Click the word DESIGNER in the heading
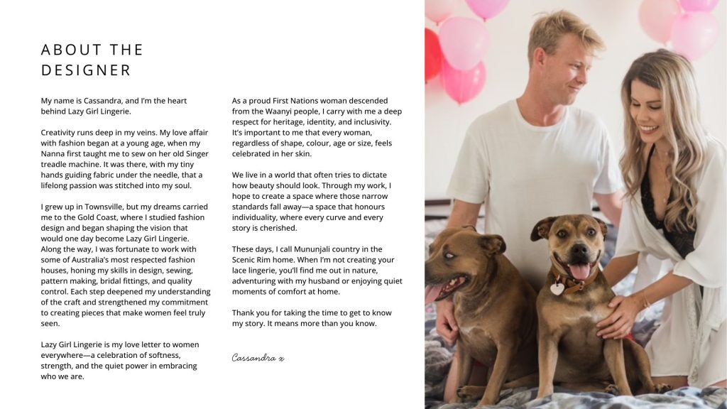click(x=86, y=70)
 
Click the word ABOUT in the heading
click(x=67, y=50)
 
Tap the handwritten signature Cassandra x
click(x=258, y=358)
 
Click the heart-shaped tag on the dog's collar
click(x=557, y=288)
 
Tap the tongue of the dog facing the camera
click(x=579, y=271)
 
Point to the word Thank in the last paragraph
click(x=244, y=313)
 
